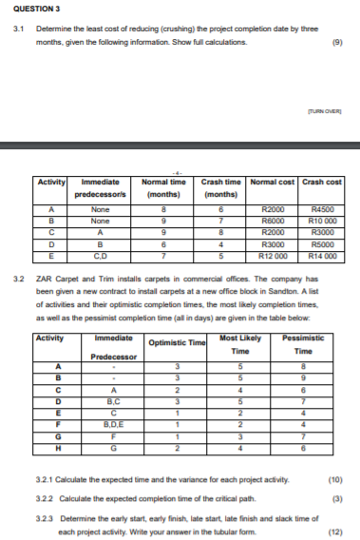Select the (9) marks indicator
(x=337, y=43)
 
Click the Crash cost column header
(x=323, y=182)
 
